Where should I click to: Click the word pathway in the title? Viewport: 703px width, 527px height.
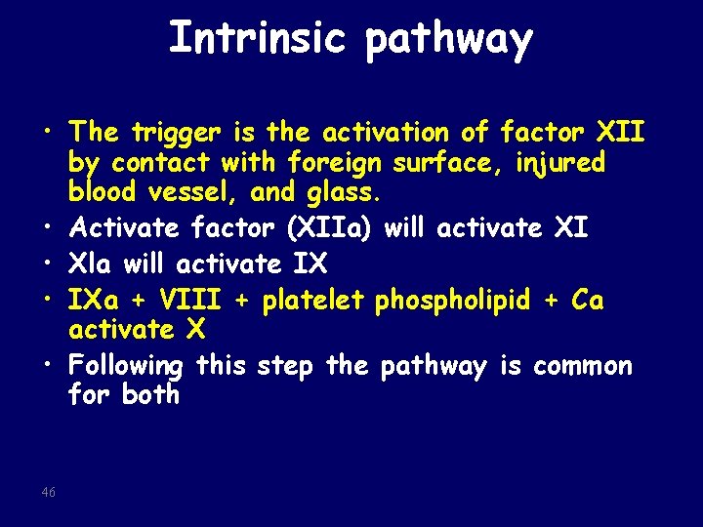pyautogui.click(x=450, y=41)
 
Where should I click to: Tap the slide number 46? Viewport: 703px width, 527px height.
pyautogui.click(x=49, y=493)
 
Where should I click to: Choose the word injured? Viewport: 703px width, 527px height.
pyautogui.click(x=558, y=162)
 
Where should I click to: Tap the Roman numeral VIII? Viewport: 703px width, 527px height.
pyautogui.click(x=189, y=301)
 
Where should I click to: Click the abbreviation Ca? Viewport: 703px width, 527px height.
pyautogui.click(x=588, y=301)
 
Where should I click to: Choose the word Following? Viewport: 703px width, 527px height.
pyautogui.click(x=126, y=367)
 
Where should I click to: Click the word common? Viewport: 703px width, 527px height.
pyautogui.click(x=581, y=366)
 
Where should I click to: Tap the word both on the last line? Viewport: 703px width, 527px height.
pyautogui.click(x=151, y=394)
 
